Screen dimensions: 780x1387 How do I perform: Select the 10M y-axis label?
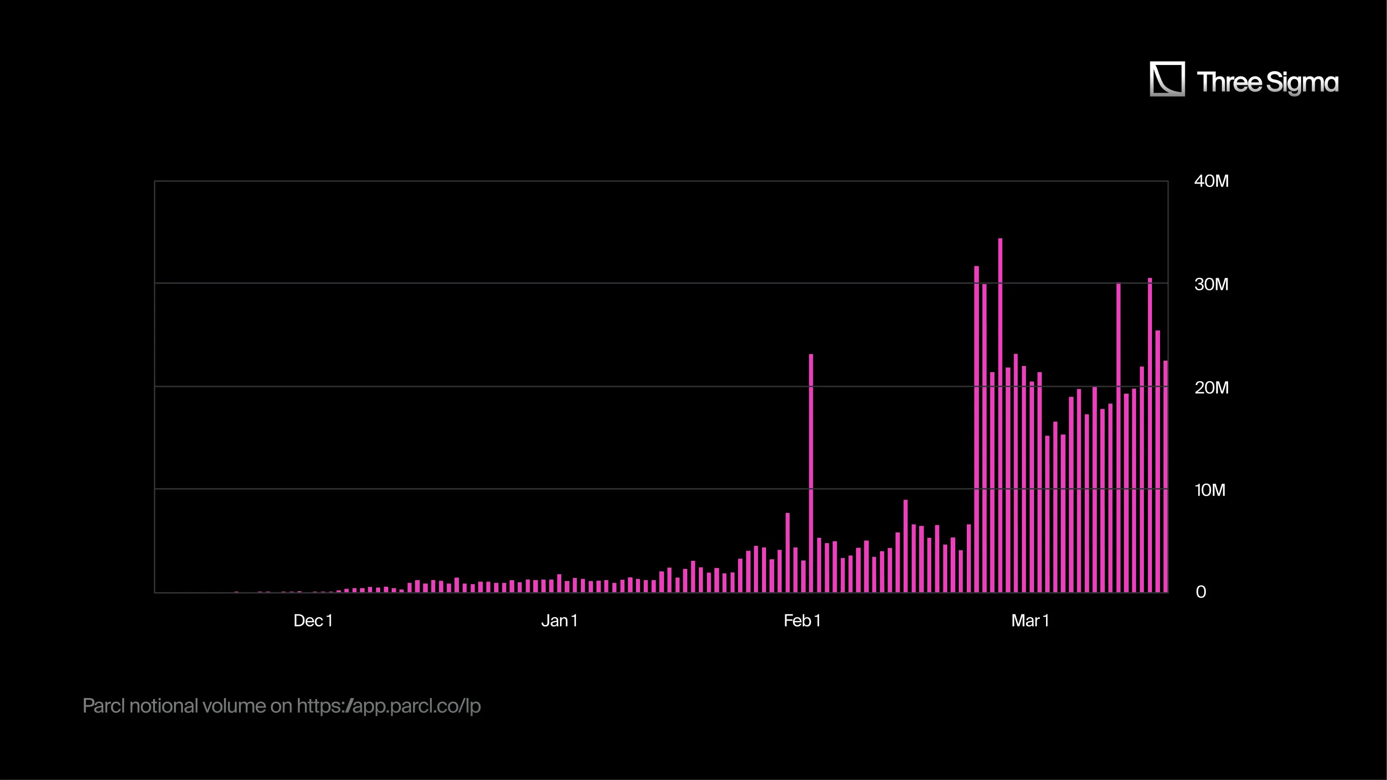(1209, 490)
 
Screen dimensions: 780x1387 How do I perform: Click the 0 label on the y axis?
(1200, 593)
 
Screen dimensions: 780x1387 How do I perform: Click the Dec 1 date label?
(313, 621)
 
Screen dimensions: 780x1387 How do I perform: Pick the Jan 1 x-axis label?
(559, 621)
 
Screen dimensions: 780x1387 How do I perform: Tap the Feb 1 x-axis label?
(802, 621)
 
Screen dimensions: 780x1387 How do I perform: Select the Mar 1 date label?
(1030, 621)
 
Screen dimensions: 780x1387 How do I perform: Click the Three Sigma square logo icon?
(1167, 79)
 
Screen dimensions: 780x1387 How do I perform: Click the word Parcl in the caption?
(103, 706)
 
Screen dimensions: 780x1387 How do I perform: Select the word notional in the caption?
(164, 706)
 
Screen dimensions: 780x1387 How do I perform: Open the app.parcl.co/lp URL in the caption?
(388, 706)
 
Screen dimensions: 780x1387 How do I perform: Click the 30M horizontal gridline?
(539, 283)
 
